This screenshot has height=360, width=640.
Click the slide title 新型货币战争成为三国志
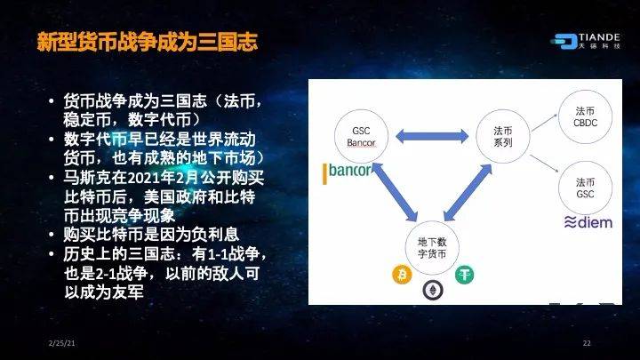tap(147, 42)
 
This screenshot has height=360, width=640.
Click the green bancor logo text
tap(347, 170)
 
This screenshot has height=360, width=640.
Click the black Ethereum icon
tap(432, 291)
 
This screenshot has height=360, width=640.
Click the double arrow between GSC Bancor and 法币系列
tap(428, 137)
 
